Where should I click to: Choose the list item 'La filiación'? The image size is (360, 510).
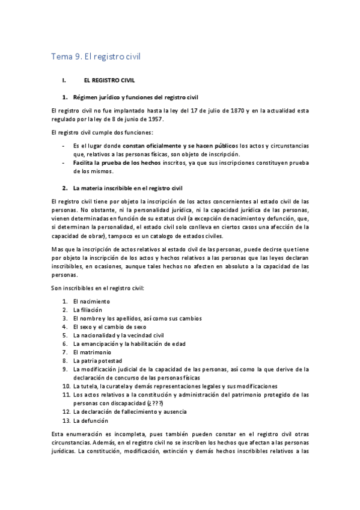point(88,309)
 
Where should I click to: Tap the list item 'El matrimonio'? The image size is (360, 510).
point(92,352)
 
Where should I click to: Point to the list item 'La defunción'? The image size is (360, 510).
point(90,421)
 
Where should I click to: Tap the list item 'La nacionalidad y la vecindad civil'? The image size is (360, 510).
point(118,335)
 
